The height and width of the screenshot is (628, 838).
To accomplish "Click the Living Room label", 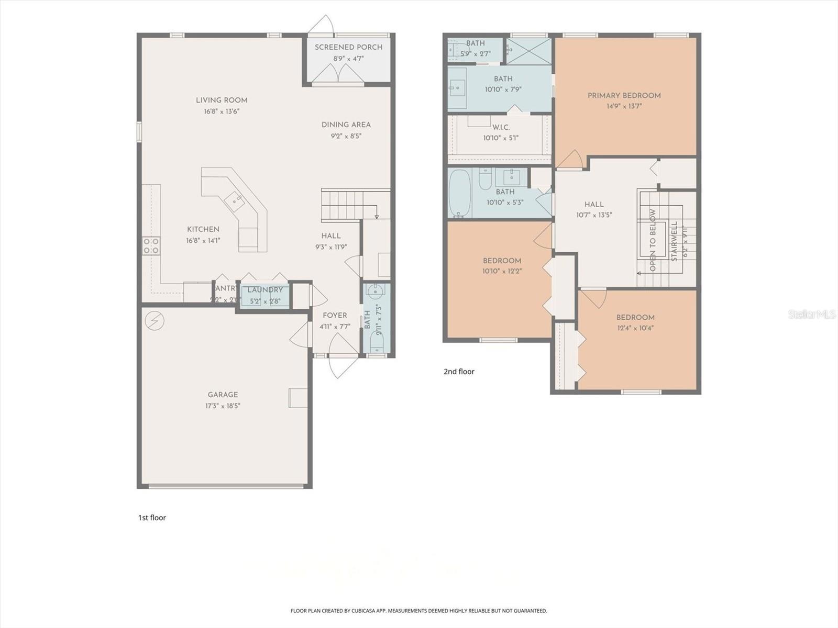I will pyautogui.click(x=222, y=100).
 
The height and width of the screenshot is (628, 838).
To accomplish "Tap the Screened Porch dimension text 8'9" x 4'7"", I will pyautogui.click(x=348, y=59).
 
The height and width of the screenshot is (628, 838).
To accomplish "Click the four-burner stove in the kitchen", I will pyautogui.click(x=151, y=246).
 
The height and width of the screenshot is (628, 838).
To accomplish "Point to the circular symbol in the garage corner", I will pyautogui.click(x=155, y=321).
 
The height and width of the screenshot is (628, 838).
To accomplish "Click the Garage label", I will pyautogui.click(x=223, y=395).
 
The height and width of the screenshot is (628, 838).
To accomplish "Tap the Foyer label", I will pyautogui.click(x=335, y=315).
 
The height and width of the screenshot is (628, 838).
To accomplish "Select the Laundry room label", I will pyautogui.click(x=265, y=290).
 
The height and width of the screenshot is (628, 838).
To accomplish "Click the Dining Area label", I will pyautogui.click(x=346, y=125).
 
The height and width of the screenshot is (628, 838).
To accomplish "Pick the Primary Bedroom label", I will pyautogui.click(x=624, y=95).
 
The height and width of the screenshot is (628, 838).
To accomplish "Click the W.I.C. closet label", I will pyautogui.click(x=501, y=127).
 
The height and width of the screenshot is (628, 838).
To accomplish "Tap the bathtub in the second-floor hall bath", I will pyautogui.click(x=460, y=193).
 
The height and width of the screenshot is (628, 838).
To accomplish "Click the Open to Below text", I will pyautogui.click(x=653, y=240).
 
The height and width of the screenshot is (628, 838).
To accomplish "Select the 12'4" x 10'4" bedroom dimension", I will pyautogui.click(x=635, y=328).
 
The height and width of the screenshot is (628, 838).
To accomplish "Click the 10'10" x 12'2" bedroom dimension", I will pyautogui.click(x=502, y=271).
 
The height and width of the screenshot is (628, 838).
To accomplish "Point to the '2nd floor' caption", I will pyautogui.click(x=459, y=372).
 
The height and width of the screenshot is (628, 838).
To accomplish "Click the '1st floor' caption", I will pyautogui.click(x=152, y=518).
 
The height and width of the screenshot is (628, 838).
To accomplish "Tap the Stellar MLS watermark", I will pyautogui.click(x=812, y=315).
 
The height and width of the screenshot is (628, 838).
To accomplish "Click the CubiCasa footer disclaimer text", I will pyautogui.click(x=418, y=611).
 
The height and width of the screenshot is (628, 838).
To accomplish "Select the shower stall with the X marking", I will pyautogui.click(x=528, y=51).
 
